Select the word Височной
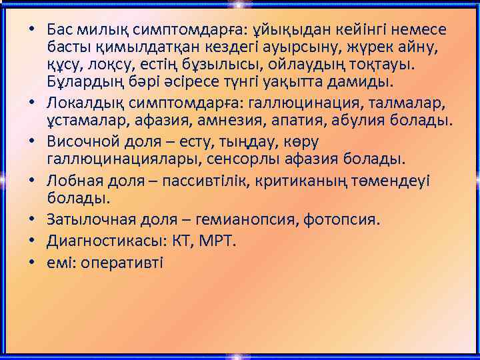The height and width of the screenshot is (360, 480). [x=83, y=141]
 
